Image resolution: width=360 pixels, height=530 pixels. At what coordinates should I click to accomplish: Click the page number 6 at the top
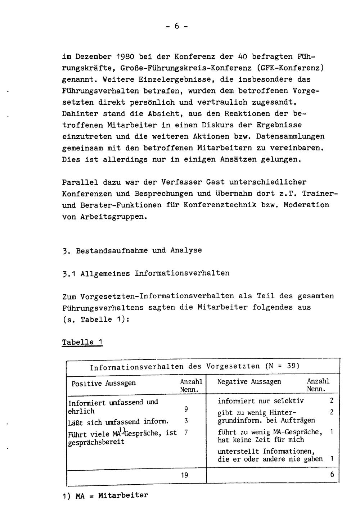(x=177, y=26)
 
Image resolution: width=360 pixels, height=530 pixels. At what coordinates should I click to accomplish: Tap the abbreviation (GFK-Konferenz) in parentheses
(x=287, y=68)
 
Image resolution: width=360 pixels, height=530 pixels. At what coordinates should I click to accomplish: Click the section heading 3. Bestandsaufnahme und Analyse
(x=132, y=250)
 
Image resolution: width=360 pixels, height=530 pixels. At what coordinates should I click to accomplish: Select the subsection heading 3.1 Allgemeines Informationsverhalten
(x=146, y=273)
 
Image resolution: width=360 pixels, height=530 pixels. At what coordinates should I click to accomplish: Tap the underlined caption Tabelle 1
(x=82, y=342)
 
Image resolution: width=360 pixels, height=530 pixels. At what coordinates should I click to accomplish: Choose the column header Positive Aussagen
(x=104, y=384)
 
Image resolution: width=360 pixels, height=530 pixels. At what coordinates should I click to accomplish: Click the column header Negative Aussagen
(x=249, y=382)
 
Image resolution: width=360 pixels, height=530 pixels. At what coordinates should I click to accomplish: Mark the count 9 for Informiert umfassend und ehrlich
(x=186, y=409)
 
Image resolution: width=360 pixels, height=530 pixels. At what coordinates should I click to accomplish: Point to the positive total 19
(x=185, y=475)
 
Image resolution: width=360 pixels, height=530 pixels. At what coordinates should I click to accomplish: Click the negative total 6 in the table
(x=332, y=475)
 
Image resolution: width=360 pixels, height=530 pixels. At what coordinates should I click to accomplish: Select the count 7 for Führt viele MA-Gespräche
(x=186, y=432)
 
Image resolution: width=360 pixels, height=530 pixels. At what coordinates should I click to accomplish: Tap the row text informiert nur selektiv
(x=261, y=401)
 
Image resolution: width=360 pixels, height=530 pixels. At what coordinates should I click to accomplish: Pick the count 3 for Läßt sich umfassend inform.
(x=186, y=421)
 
